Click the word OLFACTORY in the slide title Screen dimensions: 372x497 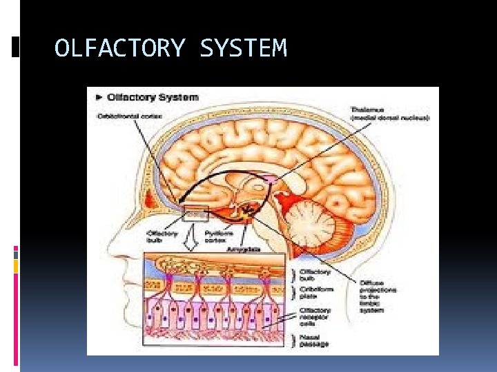click(119, 49)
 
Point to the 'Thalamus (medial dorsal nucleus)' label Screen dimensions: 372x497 click(390, 114)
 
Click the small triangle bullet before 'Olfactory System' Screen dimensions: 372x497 click(99, 97)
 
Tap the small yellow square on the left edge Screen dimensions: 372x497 click(16, 265)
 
